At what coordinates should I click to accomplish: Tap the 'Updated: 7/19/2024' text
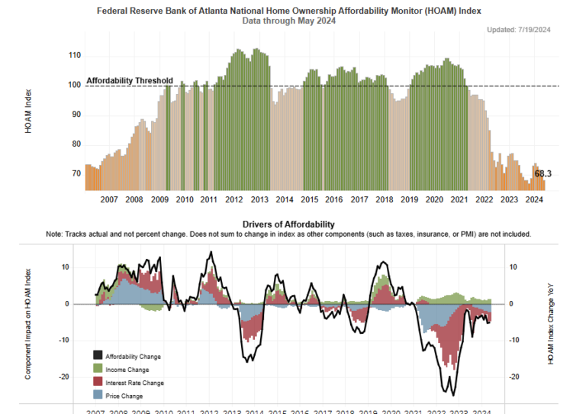coord(519,30)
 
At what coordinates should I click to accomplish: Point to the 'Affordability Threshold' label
coord(130,80)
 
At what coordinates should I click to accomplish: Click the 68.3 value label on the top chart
coord(543,174)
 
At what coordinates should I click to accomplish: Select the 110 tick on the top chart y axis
coord(74,56)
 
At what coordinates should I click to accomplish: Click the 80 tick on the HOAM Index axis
coord(76,144)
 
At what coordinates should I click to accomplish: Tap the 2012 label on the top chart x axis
coord(233,199)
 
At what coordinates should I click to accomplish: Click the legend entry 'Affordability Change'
coord(133,357)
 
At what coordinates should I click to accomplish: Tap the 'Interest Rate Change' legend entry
coord(134,383)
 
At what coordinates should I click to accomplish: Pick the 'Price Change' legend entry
coord(124,396)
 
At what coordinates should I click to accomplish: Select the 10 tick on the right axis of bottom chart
coord(514,267)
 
